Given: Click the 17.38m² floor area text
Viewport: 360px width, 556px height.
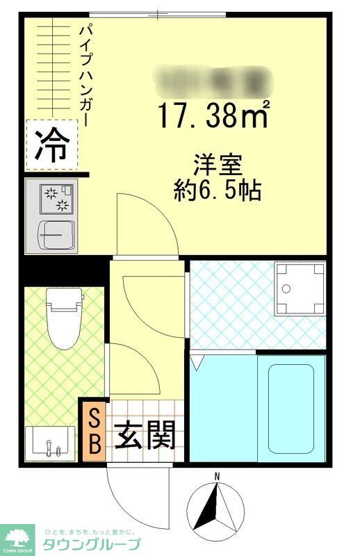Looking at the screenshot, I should coord(212,114).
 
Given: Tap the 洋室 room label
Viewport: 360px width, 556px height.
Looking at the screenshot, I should coord(217,166).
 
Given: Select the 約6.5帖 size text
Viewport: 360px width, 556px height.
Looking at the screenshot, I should coord(217,190).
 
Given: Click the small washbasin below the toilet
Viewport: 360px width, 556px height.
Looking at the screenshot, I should coord(50,442).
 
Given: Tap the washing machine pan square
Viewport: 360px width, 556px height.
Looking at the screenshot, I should coord(299,288).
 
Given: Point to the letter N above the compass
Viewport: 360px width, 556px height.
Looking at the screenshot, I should coord(217,476).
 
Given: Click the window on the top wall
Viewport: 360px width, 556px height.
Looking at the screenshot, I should coord(158,13).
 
